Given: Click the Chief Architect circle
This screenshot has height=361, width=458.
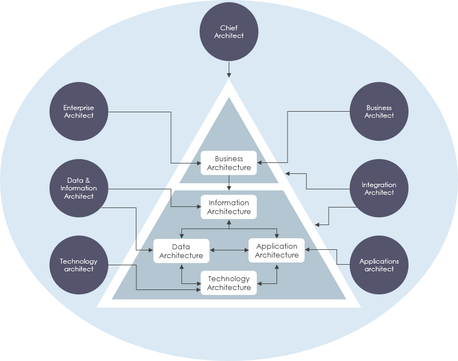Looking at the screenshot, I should (x=229, y=32).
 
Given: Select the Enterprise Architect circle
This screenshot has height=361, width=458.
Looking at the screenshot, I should (x=79, y=112).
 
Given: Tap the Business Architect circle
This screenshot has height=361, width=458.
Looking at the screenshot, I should (x=379, y=112).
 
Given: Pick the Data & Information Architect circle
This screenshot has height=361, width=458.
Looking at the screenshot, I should (x=79, y=188).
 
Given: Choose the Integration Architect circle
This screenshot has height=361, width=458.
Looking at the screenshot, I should (x=379, y=189).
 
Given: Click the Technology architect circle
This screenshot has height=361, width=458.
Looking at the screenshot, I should (x=79, y=265).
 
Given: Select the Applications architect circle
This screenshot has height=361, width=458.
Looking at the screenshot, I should (x=379, y=265).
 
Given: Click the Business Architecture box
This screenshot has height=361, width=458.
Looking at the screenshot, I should (x=229, y=163).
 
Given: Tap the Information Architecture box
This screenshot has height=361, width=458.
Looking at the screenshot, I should (x=229, y=207).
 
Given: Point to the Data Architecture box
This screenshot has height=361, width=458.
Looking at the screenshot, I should (x=181, y=251).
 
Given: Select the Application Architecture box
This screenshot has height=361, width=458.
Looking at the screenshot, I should (x=277, y=251).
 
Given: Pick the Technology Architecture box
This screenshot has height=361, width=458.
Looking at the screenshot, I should (x=229, y=283).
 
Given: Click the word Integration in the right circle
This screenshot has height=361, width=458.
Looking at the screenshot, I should (x=379, y=185).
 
